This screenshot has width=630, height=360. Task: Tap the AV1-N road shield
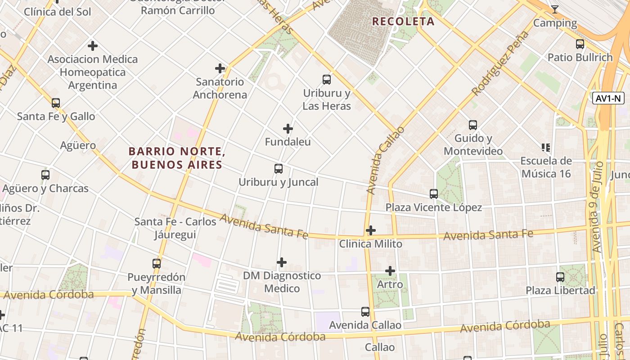click(608, 99)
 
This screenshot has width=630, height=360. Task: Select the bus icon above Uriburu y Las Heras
click(327, 80)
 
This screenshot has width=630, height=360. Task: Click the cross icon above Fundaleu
click(288, 129)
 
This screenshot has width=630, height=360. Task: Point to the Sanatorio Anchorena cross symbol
click(220, 68)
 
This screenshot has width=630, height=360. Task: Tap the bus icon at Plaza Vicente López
click(434, 194)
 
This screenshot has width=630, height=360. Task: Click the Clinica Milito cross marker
click(371, 230)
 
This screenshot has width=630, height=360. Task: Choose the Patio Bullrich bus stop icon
click(580, 44)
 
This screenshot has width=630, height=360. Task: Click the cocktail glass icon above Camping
click(555, 9)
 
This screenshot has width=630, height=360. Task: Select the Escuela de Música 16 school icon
click(546, 147)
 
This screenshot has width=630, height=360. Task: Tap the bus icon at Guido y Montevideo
click(472, 125)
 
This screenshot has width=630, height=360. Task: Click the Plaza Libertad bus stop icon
click(560, 277)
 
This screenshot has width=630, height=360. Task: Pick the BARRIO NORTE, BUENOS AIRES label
click(177, 158)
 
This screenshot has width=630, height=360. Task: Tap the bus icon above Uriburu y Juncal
click(279, 169)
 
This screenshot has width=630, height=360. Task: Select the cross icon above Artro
click(390, 271)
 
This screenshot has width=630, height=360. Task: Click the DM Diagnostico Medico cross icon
click(282, 262)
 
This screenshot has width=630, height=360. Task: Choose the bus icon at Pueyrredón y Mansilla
click(157, 263)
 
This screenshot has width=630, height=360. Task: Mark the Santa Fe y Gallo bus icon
click(56, 103)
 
